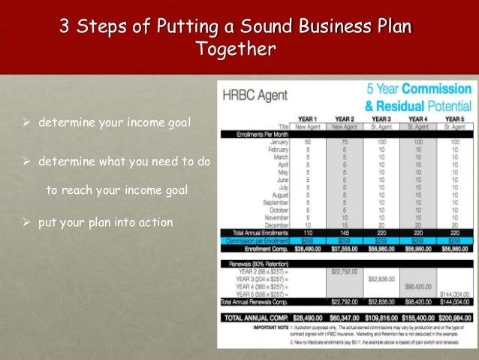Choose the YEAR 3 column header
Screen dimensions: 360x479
(x=381, y=119)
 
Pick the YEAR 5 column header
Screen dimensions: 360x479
(x=454, y=119)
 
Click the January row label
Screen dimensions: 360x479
(x=279, y=141)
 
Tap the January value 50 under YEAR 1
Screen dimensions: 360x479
(x=307, y=141)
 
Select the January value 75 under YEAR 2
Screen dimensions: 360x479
(x=344, y=141)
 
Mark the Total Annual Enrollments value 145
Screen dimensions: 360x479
(x=344, y=232)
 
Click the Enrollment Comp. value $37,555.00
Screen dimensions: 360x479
(x=344, y=248)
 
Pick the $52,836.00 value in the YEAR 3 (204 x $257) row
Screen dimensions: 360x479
(x=381, y=278)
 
